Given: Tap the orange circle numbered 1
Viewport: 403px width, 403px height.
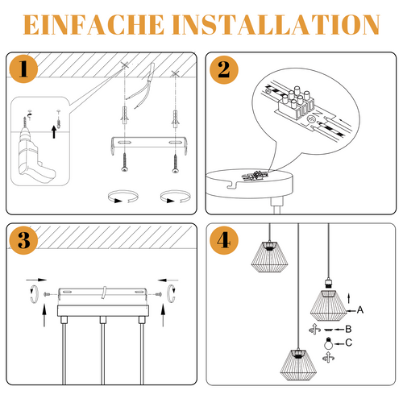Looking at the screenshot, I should pyautogui.click(x=27, y=70).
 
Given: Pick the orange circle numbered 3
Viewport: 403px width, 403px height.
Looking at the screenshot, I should pyautogui.click(x=27, y=239).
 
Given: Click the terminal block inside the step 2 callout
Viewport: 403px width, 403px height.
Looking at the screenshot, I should pyautogui.click(x=298, y=103).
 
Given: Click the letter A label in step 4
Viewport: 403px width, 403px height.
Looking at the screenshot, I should pyautogui.click(x=360, y=310).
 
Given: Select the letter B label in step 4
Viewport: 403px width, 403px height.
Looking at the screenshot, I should pyautogui.click(x=348, y=328).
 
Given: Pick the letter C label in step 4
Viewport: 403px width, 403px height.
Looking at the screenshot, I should pyautogui.click(x=348, y=343).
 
